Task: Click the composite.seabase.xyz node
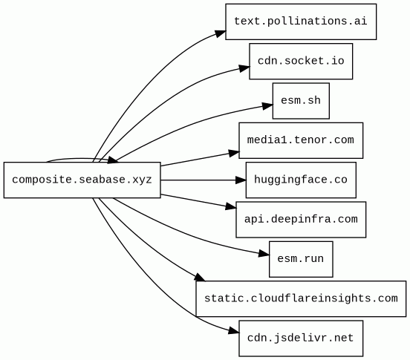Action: (x=82, y=180)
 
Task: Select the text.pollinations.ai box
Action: (x=301, y=22)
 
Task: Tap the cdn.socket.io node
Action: (x=301, y=62)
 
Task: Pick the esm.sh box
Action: (x=301, y=101)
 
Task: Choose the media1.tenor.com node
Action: (x=301, y=140)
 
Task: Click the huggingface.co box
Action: (x=301, y=180)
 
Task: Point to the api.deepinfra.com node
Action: (x=301, y=220)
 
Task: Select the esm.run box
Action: (x=301, y=259)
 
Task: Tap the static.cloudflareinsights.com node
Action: (x=301, y=299)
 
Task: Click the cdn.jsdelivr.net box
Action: (x=301, y=338)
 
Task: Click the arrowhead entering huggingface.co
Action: (x=241, y=180)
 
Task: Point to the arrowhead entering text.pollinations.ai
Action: (x=221, y=33)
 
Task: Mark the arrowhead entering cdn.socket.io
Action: (x=244, y=68)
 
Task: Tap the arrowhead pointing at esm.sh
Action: (x=267, y=105)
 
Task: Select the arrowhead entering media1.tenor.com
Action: (x=234, y=153)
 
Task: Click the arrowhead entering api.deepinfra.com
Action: (x=231, y=207)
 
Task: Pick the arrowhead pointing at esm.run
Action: (x=264, y=253)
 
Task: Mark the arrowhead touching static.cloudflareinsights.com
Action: (x=200, y=277)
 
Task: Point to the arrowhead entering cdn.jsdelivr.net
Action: (x=234, y=331)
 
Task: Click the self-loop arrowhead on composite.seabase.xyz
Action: (x=113, y=160)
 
